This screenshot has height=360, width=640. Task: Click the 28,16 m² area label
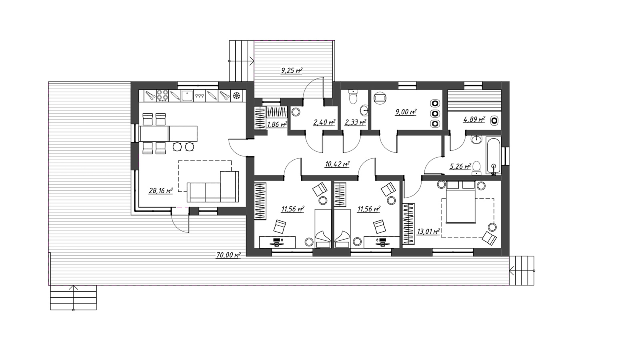161,190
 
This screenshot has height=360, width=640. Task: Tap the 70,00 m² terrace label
228,255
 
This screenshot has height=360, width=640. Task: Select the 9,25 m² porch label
292,70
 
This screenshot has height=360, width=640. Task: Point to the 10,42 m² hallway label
337,164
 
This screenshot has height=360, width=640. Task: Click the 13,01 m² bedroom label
428,231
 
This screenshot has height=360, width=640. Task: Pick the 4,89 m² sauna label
474,119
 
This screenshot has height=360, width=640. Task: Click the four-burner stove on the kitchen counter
162,96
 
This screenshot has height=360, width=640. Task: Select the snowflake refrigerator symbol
236,96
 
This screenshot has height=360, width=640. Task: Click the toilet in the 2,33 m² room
354,97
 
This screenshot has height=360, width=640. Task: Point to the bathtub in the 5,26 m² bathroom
494,156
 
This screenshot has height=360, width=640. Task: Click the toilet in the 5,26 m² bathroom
476,168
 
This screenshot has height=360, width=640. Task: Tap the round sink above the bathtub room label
476,140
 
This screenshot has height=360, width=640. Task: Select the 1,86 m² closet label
277,124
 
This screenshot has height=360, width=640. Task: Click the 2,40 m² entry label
324,122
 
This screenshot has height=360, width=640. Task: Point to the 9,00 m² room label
406,112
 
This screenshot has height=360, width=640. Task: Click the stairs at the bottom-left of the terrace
74,298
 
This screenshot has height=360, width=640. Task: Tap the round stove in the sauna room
494,120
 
